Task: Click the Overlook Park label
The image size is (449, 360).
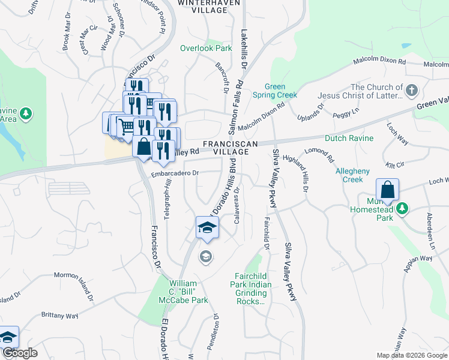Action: point(206,48)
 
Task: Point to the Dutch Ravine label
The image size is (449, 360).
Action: point(349,138)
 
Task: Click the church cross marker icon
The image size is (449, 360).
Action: point(411,91)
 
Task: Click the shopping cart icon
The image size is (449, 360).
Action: point(125,126)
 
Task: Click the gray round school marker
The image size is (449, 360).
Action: point(206,257)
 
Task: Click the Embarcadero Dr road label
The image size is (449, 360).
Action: point(175,173)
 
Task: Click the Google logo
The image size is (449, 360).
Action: point(20,353)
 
